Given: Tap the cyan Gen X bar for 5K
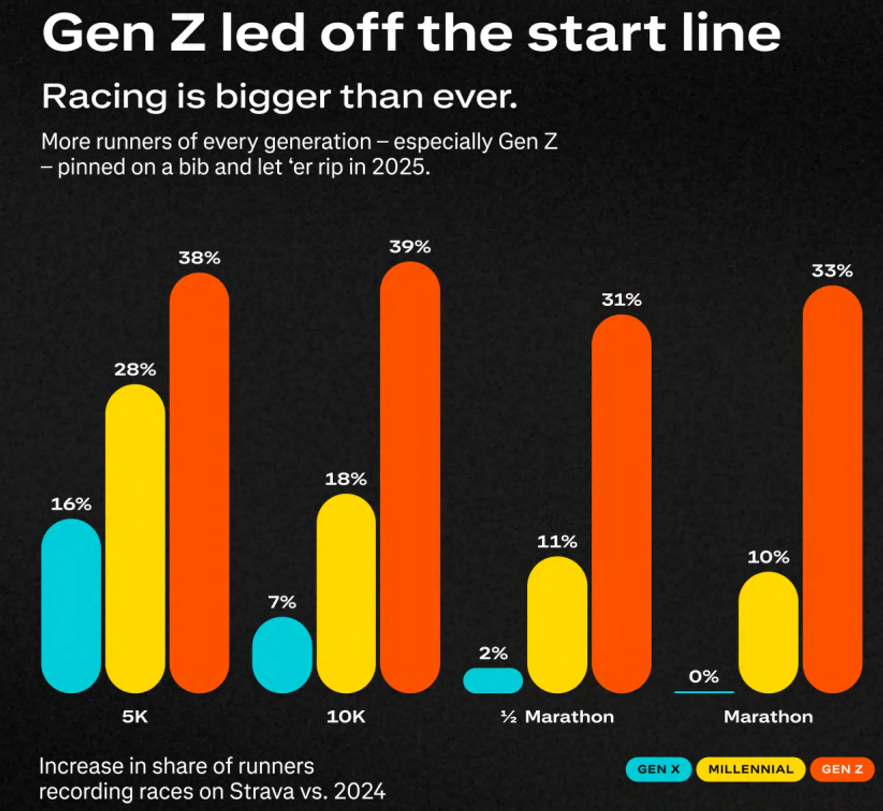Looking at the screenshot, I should coord(71,605).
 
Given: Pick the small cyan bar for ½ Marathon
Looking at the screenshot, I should coord(493,680).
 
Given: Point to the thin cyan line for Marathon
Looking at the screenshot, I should coord(704,692).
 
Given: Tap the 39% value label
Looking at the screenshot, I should coord(410,247).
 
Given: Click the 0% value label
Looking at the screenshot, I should coord(704,677).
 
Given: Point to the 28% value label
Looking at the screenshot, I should coord(135,369).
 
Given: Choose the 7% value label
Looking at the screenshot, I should coord(282,602).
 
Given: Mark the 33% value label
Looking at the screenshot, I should coord(832,271).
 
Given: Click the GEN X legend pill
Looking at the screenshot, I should coord(658,769).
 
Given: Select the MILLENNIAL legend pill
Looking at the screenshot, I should coord(750,769).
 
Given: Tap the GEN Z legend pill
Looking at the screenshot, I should coord(842,769).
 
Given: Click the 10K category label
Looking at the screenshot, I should coord(346,717).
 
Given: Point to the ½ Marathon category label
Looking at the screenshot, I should coord(557,717).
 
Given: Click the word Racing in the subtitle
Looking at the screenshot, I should coord(104,97).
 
